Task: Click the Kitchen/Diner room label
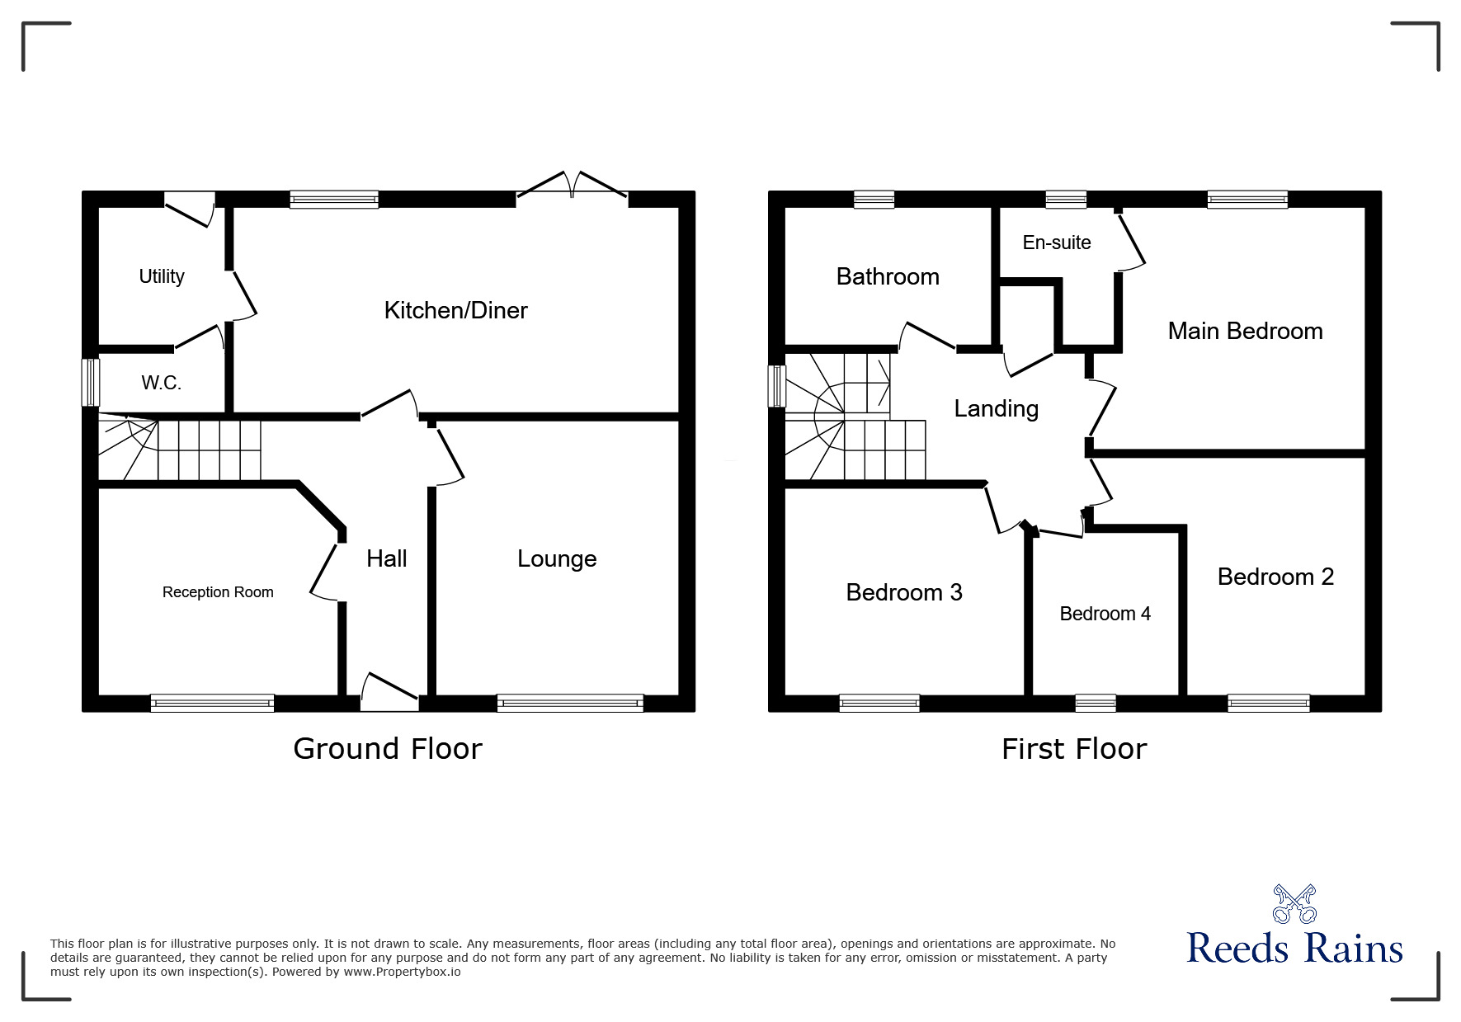[x=455, y=310]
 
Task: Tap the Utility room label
[x=162, y=276]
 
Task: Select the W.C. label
[x=161, y=383]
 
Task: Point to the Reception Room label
[x=218, y=592]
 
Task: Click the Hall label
[x=387, y=558]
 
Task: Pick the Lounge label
[x=557, y=559]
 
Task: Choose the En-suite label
[x=1057, y=243]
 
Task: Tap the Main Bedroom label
[x=1245, y=331]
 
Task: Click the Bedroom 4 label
[x=1105, y=614]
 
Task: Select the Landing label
[x=996, y=409]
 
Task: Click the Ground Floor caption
[x=387, y=749]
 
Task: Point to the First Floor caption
[x=1074, y=749]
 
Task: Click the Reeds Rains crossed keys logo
[x=1294, y=903]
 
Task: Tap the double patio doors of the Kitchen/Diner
[x=572, y=186]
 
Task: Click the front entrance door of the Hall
[x=389, y=693]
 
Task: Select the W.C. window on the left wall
[x=90, y=382]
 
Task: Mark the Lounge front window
[x=570, y=704]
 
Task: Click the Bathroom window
[x=874, y=200]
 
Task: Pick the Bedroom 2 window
[x=1269, y=704]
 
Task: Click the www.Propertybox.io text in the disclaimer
[x=402, y=972]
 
